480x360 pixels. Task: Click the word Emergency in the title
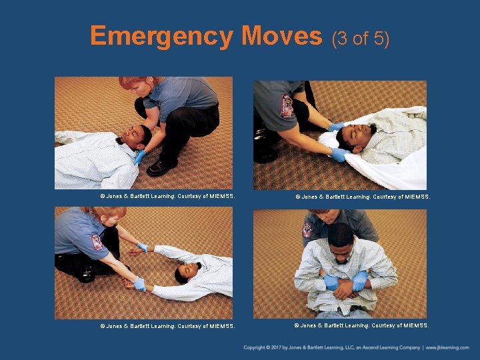pyautogui.click(x=161, y=37)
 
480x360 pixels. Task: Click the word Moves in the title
pyautogui.click(x=282, y=35)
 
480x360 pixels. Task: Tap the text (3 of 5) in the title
pyautogui.click(x=361, y=39)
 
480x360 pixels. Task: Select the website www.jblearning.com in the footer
pyautogui.click(x=447, y=347)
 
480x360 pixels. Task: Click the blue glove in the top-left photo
pyautogui.click(x=139, y=157)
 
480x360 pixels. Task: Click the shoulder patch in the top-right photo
pyautogui.click(x=287, y=106)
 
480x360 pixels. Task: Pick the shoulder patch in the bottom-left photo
pyautogui.click(x=97, y=243)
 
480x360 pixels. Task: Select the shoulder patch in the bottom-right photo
pyautogui.click(x=307, y=230)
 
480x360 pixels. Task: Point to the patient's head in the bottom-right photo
pyautogui.click(x=341, y=244)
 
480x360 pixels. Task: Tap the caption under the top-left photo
pyautogui.click(x=168, y=196)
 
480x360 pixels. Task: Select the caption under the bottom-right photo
pyautogui.click(x=361, y=325)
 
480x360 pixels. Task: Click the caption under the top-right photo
pyautogui.click(x=363, y=197)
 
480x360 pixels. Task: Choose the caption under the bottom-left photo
pyautogui.click(x=168, y=326)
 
